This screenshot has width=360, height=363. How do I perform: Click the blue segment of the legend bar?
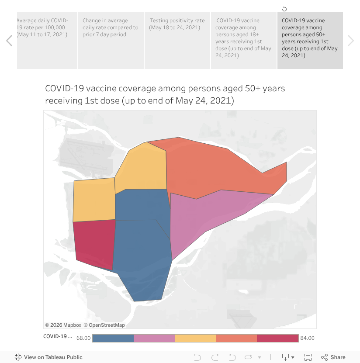pyautogui.click(x=113, y=338)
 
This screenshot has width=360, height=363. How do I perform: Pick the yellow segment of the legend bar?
pyautogui.click(x=195, y=338)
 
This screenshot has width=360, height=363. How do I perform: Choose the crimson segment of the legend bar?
pyautogui.click(x=277, y=338)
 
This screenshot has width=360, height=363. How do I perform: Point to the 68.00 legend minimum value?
pyautogui.click(x=83, y=338)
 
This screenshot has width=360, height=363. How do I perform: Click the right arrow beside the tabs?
pyautogui.click(x=350, y=41)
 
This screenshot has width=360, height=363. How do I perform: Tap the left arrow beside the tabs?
pyautogui.click(x=9, y=41)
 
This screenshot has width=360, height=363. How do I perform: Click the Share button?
pyautogui.click(x=333, y=357)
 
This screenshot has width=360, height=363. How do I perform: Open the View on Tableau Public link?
pyautogui.click(x=48, y=357)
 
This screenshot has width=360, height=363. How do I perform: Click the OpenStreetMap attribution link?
pyautogui.click(x=104, y=325)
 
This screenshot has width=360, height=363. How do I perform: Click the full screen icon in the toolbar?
pyautogui.click(x=308, y=357)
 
